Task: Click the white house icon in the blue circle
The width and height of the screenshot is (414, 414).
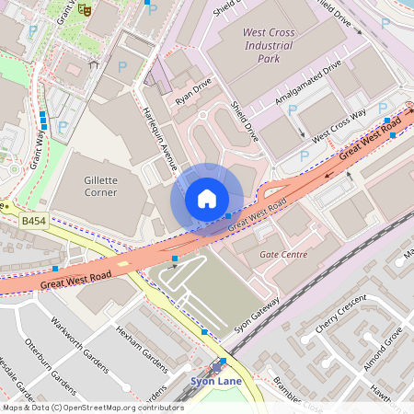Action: pyautogui.click(x=206, y=199)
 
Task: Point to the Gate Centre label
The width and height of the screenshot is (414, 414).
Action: pyautogui.click(x=284, y=253)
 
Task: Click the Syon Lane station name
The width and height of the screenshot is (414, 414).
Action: pyautogui.click(x=214, y=379)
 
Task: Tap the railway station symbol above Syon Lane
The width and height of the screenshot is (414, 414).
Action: pyautogui.click(x=222, y=362)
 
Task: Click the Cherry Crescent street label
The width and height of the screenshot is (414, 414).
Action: pyautogui.click(x=341, y=316)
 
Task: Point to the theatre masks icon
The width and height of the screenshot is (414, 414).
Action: pyautogui.click(x=85, y=10)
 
